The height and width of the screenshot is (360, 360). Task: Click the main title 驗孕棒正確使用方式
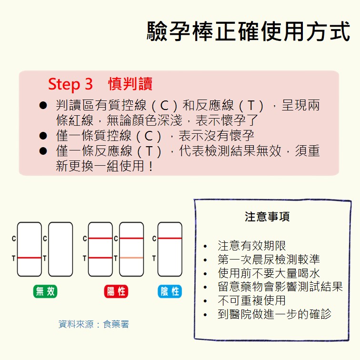pyautogui.click(x=249, y=31)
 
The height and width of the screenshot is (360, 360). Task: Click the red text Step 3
pyautogui.click(x=70, y=84)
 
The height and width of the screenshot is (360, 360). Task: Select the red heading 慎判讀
pyautogui.click(x=130, y=84)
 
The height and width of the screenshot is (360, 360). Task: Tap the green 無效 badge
pyautogui.click(x=45, y=291)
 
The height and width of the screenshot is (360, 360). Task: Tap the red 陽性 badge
pyautogui.click(x=116, y=291)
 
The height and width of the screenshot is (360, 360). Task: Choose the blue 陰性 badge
pyautogui.click(x=170, y=291)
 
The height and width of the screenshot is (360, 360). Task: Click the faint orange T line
pyautogui.click(x=131, y=258)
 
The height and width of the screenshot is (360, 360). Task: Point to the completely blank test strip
pyautogui.click(x=60, y=249)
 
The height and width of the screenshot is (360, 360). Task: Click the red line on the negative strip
pyautogui.click(x=170, y=238)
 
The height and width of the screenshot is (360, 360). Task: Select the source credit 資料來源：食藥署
pyautogui.click(x=94, y=324)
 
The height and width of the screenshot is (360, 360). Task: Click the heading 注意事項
pyautogui.click(x=267, y=217)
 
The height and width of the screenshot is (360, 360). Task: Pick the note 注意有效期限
pyautogui.click(x=251, y=246)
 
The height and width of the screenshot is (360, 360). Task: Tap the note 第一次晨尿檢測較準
pyautogui.click(x=269, y=260)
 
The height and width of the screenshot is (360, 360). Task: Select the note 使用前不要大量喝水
pyautogui.click(x=269, y=273)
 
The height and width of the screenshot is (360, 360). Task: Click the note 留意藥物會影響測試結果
pyautogui.click(x=280, y=287)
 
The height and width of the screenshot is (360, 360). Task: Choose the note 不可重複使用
pyautogui.click(x=251, y=300)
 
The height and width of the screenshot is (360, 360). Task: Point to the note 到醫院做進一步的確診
pyautogui.click(x=275, y=314)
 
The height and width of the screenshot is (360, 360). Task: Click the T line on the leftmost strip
pyautogui.click(x=30, y=258)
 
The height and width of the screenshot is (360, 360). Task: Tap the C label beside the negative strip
pyautogui.click(x=154, y=239)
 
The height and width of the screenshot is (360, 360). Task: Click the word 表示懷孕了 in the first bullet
pyautogui.click(x=227, y=120)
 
